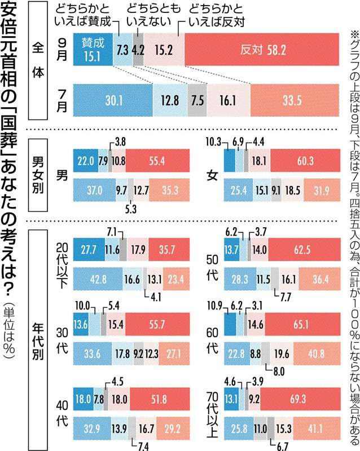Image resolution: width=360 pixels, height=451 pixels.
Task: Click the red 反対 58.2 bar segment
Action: click(x=262, y=50)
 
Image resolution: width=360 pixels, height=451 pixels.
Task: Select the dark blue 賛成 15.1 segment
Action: click(x=93, y=50)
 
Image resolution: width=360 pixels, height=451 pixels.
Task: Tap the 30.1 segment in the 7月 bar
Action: click(x=113, y=100)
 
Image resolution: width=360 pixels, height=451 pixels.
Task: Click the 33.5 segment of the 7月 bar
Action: click(x=295, y=100)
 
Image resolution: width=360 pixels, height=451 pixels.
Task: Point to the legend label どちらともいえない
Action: click(x=153, y=15)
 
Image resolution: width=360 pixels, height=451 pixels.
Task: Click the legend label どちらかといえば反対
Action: click(x=217, y=15)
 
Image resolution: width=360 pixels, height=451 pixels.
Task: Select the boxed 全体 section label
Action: click(x=38, y=60)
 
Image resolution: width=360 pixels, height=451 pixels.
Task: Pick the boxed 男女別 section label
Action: click(x=38, y=175)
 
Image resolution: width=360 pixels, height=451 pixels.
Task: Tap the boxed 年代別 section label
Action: click(x=38, y=339)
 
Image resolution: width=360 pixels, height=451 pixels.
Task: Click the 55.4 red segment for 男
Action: click(x=157, y=161)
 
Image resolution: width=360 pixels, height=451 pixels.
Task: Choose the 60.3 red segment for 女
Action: click(x=305, y=161)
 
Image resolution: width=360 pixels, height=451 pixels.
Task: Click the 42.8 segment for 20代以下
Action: click(x=98, y=279)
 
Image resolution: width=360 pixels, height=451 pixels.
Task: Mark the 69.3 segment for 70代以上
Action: click(x=300, y=399)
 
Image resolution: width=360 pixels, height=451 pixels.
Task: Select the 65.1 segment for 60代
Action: click(x=302, y=324)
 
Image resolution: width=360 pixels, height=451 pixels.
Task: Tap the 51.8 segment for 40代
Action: click(x=160, y=399)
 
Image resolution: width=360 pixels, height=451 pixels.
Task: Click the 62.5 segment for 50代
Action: click(x=304, y=249)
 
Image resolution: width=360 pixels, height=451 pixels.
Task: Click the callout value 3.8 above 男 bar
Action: click(x=120, y=142)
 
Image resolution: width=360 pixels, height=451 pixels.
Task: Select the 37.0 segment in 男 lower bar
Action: click(x=94, y=190)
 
